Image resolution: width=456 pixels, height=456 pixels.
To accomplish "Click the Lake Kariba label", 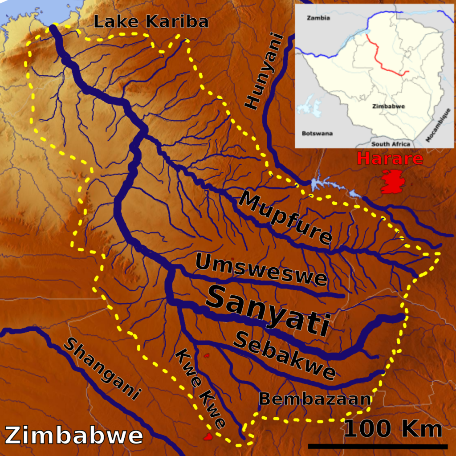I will pos(152,21).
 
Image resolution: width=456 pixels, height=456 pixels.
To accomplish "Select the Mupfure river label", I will pos(285,218).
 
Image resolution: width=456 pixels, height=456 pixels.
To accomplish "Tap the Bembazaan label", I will pos(314,399).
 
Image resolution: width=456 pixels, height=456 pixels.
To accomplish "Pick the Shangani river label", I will pos(102,368).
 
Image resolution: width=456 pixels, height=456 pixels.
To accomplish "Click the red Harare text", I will pos(390,159).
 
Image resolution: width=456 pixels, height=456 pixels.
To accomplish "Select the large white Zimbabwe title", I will pos(73,435).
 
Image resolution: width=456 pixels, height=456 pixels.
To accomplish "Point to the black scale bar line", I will pos(378,446).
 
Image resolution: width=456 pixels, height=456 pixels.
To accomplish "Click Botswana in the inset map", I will pos(317,133).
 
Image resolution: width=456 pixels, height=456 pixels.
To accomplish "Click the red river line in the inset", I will pos(383,62).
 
